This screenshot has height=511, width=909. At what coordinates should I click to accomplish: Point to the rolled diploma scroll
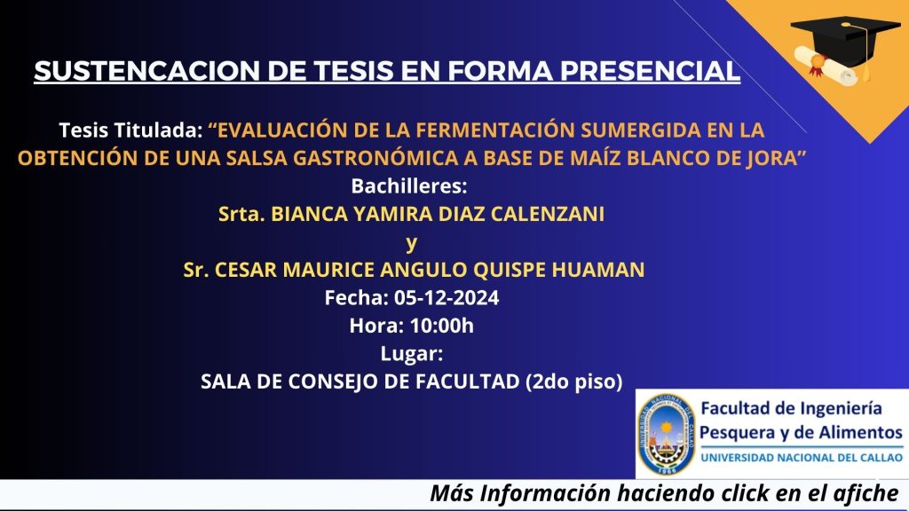pyautogui.click(x=825, y=66)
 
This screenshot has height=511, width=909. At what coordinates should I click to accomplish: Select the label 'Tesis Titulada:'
pyautogui.click(x=130, y=130)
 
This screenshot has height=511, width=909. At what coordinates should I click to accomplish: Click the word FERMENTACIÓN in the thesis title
pyautogui.click(x=495, y=130)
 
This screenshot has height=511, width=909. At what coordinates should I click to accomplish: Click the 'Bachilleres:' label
pyautogui.click(x=409, y=186)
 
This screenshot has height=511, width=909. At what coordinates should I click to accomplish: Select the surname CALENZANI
pyautogui.click(x=547, y=214)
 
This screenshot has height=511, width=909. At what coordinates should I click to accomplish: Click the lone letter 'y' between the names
pyautogui.click(x=411, y=243)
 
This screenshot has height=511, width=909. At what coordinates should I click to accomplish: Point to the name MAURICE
pyautogui.click(x=328, y=270)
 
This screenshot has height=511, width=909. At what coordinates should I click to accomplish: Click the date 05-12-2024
pyautogui.click(x=447, y=297)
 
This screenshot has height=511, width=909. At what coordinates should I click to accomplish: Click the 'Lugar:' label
pyautogui.click(x=412, y=353)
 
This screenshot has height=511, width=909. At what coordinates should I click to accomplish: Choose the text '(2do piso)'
pyautogui.click(x=574, y=381)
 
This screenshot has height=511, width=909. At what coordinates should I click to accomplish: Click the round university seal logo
pyautogui.click(x=666, y=435)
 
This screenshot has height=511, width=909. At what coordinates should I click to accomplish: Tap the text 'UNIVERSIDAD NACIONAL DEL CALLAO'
pyautogui.click(x=802, y=458)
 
